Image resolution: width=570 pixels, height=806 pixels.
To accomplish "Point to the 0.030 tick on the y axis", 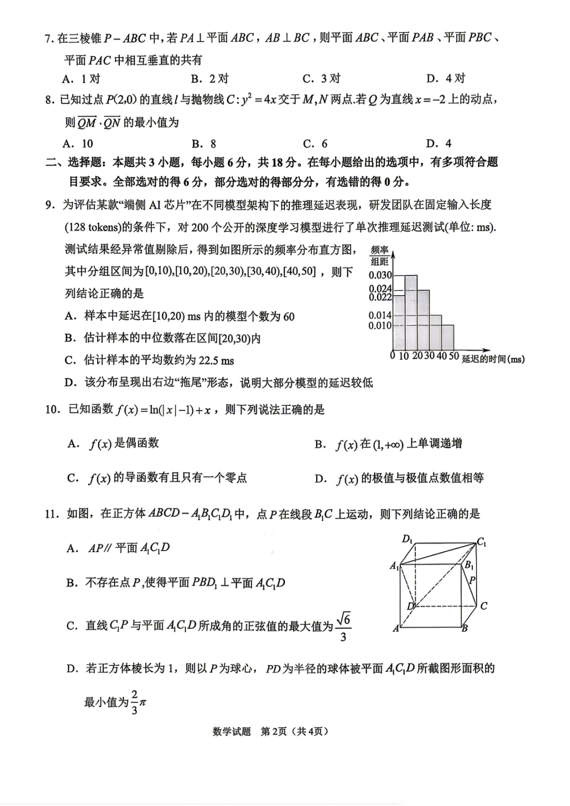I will [x=380, y=275].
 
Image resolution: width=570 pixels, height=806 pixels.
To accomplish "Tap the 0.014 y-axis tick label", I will [x=380, y=315].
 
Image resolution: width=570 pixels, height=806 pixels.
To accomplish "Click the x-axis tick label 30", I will [x=429, y=356].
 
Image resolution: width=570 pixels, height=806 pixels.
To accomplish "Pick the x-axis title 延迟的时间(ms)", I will [x=493, y=359].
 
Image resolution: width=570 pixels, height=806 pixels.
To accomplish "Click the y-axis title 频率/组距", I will [x=379, y=255].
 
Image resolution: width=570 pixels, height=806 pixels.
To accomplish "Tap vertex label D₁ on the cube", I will [x=407, y=539].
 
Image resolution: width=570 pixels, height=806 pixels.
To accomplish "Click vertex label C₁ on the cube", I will [x=481, y=542].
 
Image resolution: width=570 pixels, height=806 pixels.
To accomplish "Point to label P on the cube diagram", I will [x=472, y=580].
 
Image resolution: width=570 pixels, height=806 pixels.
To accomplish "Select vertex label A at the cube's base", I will [x=396, y=628].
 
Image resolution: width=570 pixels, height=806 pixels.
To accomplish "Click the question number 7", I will [x=49, y=38].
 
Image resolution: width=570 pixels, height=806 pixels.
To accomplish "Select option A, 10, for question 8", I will [x=78, y=144].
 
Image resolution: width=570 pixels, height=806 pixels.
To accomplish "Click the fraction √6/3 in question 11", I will [x=343, y=627].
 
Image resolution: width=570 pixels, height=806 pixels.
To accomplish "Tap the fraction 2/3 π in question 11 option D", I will [x=138, y=702].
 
